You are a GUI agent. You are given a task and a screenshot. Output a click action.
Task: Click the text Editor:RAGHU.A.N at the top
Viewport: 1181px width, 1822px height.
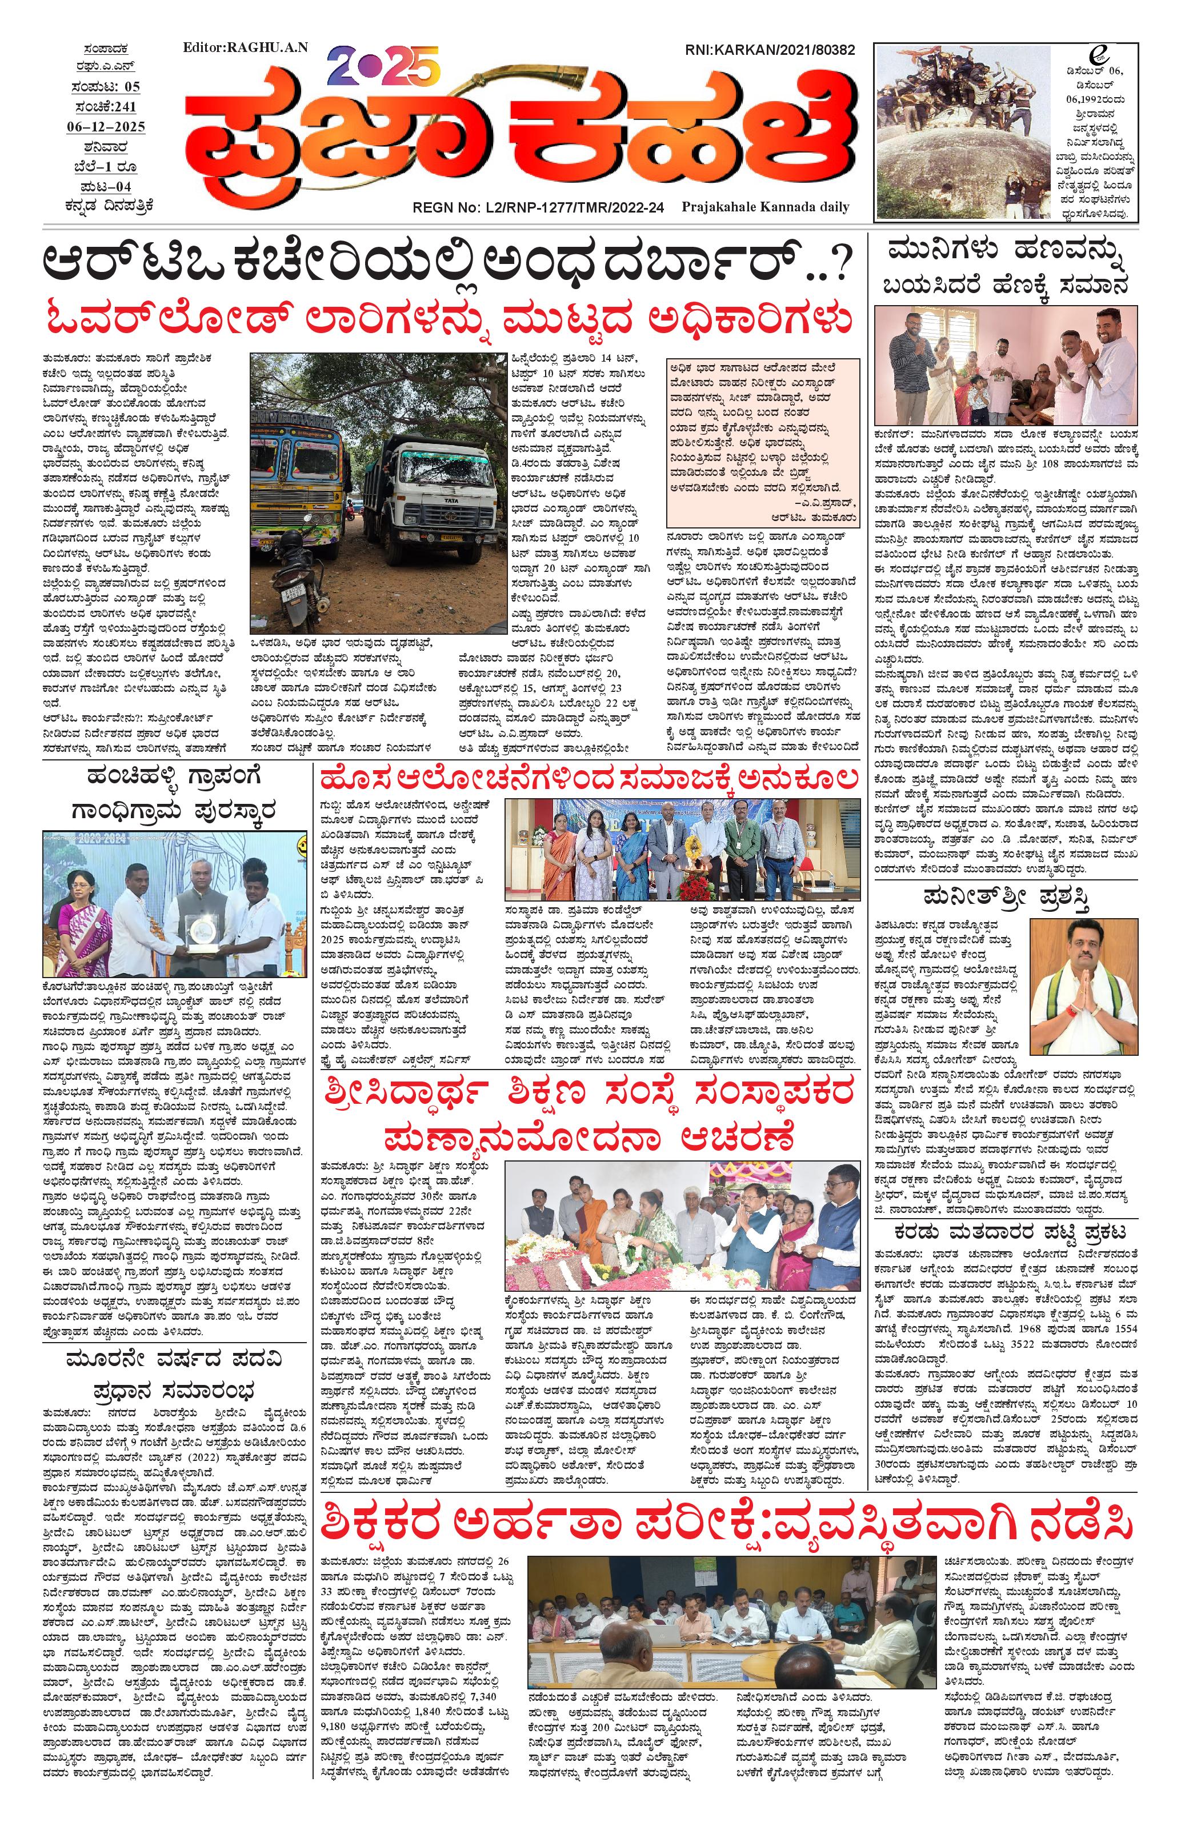[x=246, y=47]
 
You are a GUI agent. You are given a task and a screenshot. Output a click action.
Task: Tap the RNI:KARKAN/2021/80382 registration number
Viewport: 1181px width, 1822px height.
[x=769, y=50]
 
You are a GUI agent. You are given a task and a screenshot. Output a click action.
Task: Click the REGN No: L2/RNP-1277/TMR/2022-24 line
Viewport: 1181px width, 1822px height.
[x=539, y=207]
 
